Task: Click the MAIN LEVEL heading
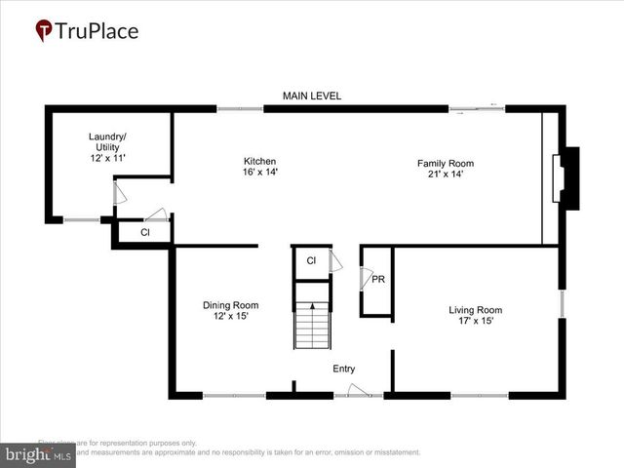(x=312, y=96)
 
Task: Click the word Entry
(x=344, y=369)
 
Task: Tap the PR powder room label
(x=378, y=280)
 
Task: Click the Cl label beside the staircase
(x=311, y=261)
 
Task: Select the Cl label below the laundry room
(x=144, y=233)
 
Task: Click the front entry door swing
(x=358, y=390)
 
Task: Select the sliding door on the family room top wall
(x=477, y=108)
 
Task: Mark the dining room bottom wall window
(x=234, y=395)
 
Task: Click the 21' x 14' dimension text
(x=445, y=175)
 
